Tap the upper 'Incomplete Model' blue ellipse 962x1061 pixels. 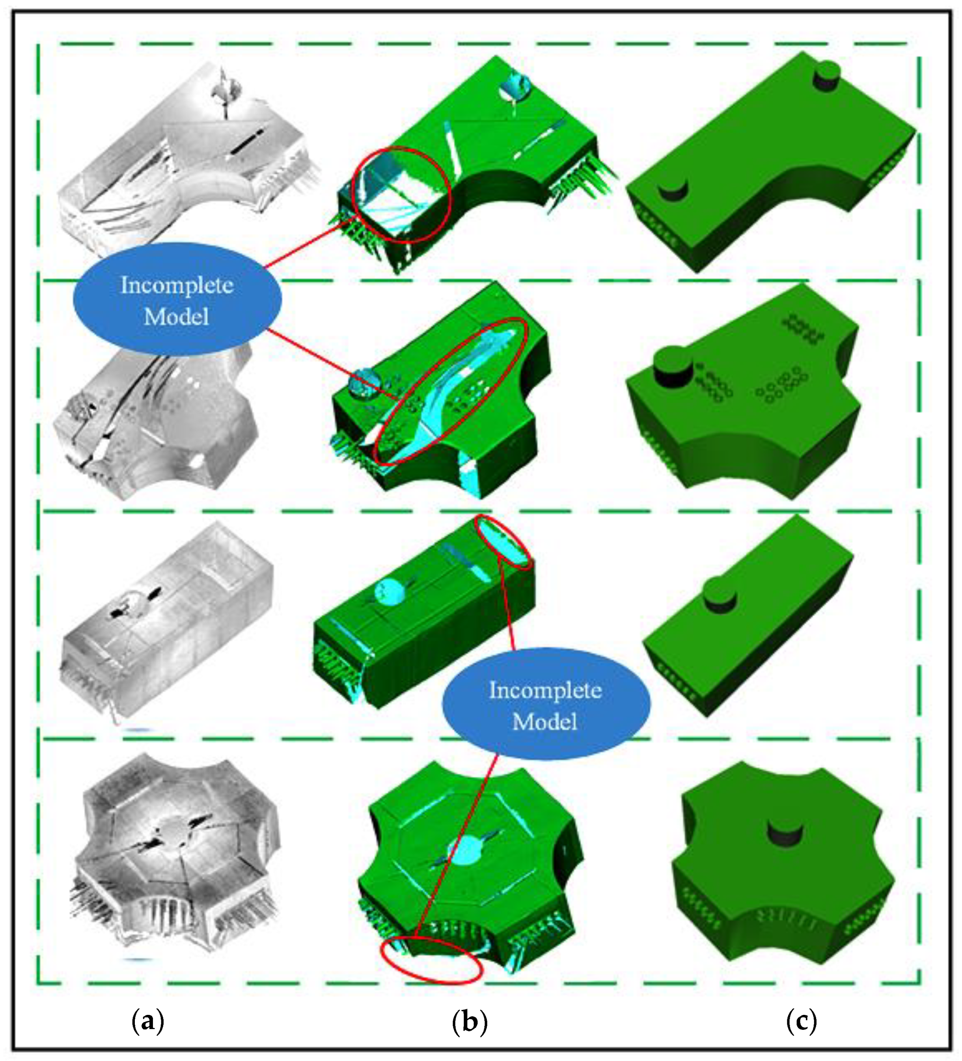pyautogui.click(x=177, y=300)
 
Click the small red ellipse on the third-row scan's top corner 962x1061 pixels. pyautogui.click(x=503, y=543)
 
